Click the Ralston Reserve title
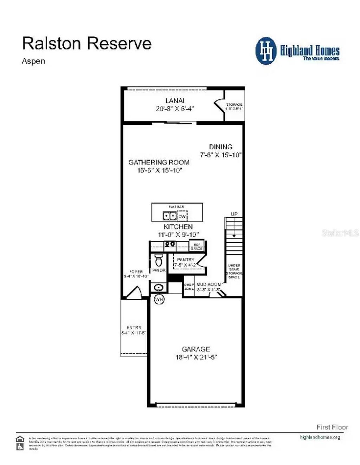pyautogui.click(x=87, y=44)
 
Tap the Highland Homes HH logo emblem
pyautogui.click(x=266, y=51)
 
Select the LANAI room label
pyautogui.click(x=175, y=101)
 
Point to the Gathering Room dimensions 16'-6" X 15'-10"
pyautogui.click(x=159, y=170)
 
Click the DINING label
pyautogui.click(x=220, y=147)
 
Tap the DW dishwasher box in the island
pyautogui.click(x=182, y=216)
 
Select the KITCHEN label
pyautogui.click(x=178, y=227)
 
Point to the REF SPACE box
pyautogui.click(x=197, y=247)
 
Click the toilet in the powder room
pyautogui.click(x=159, y=260)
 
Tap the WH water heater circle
pyautogui.click(x=159, y=300)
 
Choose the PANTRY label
pyautogui.click(x=186, y=260)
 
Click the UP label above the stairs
pyautogui.click(x=234, y=214)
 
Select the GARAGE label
pyautogui.click(x=196, y=349)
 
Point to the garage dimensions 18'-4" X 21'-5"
pyautogui.click(x=196, y=357)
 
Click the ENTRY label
pyautogui.click(x=134, y=327)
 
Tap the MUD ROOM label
pyautogui.click(x=209, y=284)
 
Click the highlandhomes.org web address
pyautogui.click(x=320, y=437)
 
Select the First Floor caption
pyautogui.click(x=332, y=427)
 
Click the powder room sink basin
pyautogui.click(x=159, y=288)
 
